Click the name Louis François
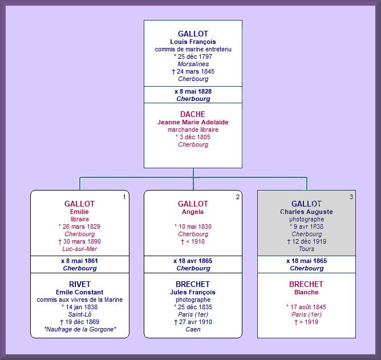[x=193, y=42]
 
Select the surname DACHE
[x=193, y=114]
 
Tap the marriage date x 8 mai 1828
[x=193, y=91]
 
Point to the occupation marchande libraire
[x=193, y=130]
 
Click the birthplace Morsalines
[x=193, y=64]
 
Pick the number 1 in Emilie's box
[x=124, y=197]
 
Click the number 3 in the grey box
[x=351, y=197]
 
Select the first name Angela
[x=193, y=212]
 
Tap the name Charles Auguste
[x=306, y=212]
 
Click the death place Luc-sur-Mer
[x=79, y=249]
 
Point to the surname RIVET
[x=79, y=284]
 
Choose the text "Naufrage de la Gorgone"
[x=79, y=329]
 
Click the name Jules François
[x=193, y=292]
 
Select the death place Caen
[x=193, y=329]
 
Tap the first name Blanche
[x=306, y=292]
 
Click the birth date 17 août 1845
[x=306, y=307]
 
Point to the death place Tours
[x=306, y=249]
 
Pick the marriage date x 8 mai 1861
[x=79, y=261]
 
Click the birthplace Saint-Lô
[x=79, y=314]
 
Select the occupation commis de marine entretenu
[x=193, y=49]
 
